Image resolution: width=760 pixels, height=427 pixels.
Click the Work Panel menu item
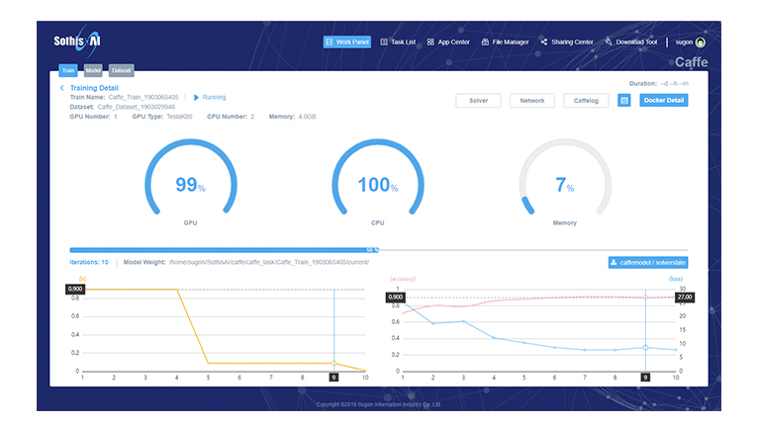coord(346,43)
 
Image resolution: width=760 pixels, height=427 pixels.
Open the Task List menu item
coord(398,43)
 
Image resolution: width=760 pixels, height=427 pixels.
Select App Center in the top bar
coord(448,43)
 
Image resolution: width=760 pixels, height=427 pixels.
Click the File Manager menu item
coord(505,43)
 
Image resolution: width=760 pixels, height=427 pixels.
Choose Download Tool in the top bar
coord(630,43)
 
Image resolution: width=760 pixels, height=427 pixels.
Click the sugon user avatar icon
coord(701,43)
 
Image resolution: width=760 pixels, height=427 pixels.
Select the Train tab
coord(68,71)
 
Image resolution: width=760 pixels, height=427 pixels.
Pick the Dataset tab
coord(122,71)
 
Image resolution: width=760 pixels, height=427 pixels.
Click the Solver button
coord(478,101)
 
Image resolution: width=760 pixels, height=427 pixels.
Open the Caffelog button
coord(586,101)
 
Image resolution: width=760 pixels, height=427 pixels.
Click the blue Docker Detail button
coord(664,101)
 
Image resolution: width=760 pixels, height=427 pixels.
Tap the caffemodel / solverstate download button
coord(648,262)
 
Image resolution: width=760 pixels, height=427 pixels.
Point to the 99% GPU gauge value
coord(190,185)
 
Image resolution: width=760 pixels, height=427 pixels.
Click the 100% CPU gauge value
coord(377,185)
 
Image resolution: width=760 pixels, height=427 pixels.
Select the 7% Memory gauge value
coord(564,185)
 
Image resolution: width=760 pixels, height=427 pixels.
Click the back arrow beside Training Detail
coord(62,88)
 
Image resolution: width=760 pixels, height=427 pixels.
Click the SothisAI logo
coord(79,42)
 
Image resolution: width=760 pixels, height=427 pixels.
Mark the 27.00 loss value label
coord(684,297)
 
